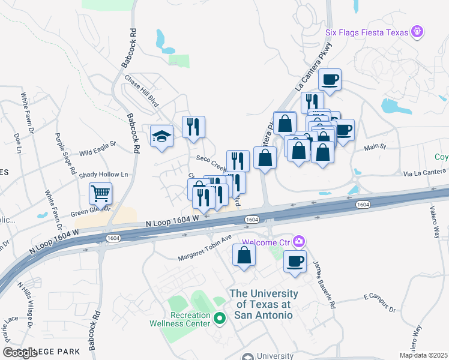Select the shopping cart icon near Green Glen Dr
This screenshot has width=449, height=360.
(x=100, y=194)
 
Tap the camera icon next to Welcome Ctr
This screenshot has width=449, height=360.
(x=298, y=242)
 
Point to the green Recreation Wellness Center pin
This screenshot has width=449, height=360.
(x=220, y=318)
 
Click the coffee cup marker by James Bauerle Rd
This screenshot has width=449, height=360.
(x=295, y=262)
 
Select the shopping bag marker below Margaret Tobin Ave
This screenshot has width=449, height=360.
(x=244, y=256)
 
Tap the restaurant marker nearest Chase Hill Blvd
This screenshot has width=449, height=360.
(x=193, y=127)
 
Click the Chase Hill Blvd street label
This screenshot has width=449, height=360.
(x=142, y=91)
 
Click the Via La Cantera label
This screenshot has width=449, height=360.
(x=426, y=172)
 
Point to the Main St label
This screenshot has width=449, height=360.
(x=375, y=146)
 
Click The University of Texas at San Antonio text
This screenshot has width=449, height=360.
(x=264, y=304)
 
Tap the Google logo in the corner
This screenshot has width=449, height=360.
(x=20, y=353)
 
